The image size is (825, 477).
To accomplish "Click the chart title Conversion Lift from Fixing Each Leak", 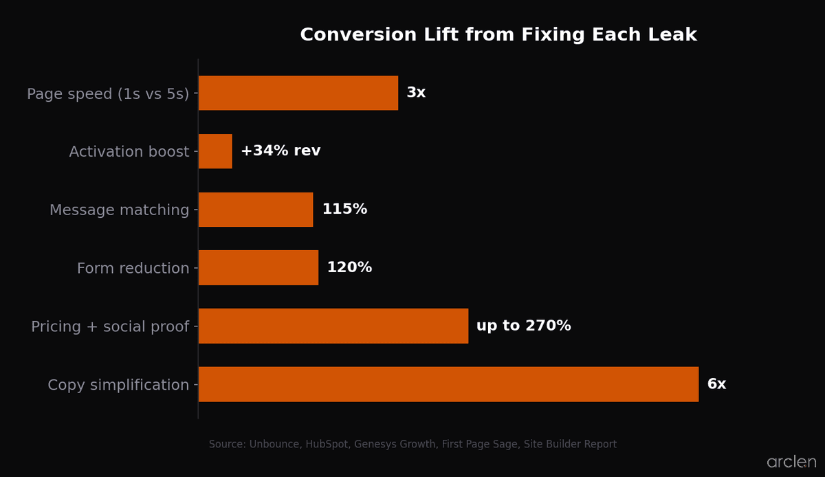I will (498, 35).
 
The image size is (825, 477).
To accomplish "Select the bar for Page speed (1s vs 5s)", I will (298, 93).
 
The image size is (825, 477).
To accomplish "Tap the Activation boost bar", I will (215, 151).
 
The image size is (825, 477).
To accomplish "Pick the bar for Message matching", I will (256, 210).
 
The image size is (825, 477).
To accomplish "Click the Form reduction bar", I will (258, 268).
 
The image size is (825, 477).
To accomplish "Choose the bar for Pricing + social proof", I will (333, 326).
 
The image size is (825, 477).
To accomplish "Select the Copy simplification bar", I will (448, 384).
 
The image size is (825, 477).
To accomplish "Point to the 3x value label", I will (416, 93).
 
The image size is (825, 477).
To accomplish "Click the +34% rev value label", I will (280, 151).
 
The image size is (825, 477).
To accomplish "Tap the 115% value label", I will (344, 210).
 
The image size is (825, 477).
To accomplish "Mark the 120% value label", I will (349, 268).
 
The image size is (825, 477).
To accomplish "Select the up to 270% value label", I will (523, 326).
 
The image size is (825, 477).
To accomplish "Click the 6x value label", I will (716, 384).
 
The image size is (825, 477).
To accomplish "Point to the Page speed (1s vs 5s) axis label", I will (108, 94).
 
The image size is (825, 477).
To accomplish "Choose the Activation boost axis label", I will (129, 152).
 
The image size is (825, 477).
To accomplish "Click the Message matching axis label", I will (119, 210).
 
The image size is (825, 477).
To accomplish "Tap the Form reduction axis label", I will (133, 269).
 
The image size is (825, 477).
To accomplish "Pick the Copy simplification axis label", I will (118, 385).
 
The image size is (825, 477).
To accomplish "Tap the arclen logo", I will (791, 462).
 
